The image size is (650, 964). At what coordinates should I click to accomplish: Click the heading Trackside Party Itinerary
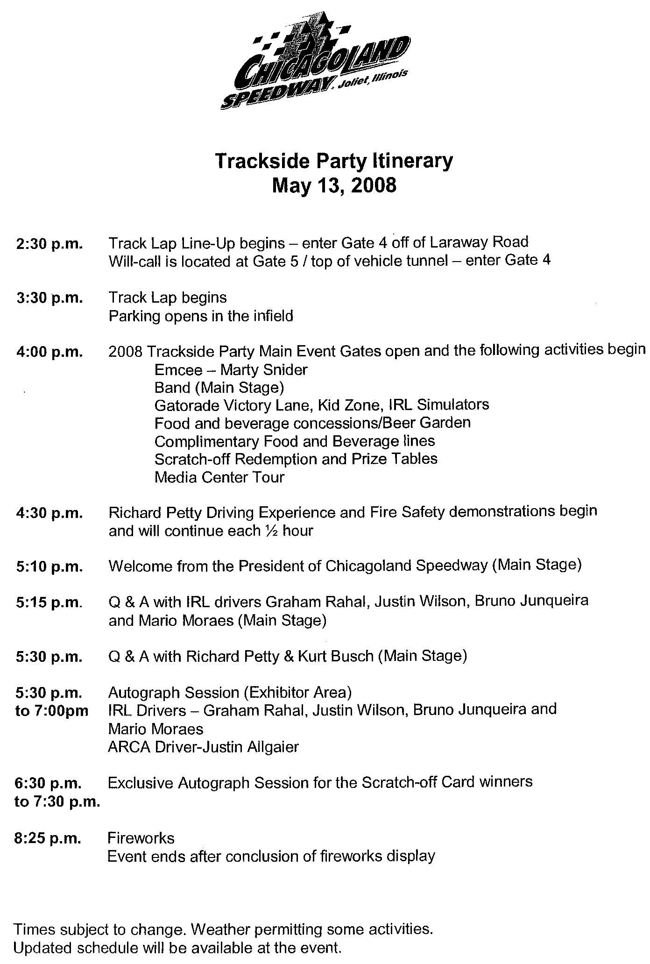(x=333, y=161)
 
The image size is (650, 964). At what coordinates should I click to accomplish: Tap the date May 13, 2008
(x=334, y=185)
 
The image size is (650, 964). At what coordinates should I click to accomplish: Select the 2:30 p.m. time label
(x=49, y=244)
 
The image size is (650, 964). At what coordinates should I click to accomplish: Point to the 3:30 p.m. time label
(x=49, y=298)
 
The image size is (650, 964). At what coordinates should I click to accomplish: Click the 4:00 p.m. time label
(x=49, y=352)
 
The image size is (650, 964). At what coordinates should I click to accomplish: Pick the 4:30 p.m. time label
(x=49, y=513)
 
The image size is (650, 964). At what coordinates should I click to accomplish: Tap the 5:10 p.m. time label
(x=49, y=567)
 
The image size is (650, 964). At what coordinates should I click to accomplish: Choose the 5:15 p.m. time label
(x=49, y=603)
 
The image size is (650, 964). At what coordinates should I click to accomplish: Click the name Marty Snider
(x=264, y=370)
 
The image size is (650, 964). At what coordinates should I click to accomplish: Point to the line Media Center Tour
(x=219, y=477)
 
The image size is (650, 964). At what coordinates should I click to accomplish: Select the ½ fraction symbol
(x=267, y=531)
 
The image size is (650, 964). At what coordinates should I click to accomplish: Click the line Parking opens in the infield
(x=201, y=316)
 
